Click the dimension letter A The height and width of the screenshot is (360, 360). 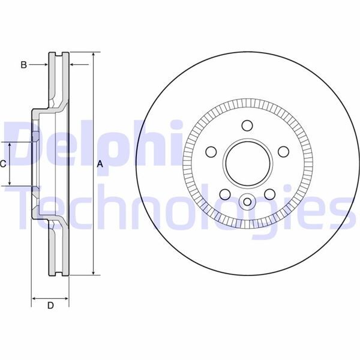pos(100,164)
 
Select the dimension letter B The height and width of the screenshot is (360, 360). pos(23,65)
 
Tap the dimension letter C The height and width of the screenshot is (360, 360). pos(3,164)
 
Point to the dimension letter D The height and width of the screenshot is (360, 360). pos(50,306)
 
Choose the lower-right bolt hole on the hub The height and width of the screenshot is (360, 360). pos(269,193)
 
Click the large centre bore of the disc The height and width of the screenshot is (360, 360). pos(247,163)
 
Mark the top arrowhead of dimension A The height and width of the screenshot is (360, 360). pos(94,56)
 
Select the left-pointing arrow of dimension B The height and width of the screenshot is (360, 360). pos(73,64)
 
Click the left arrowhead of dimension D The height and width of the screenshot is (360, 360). pos(34,298)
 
